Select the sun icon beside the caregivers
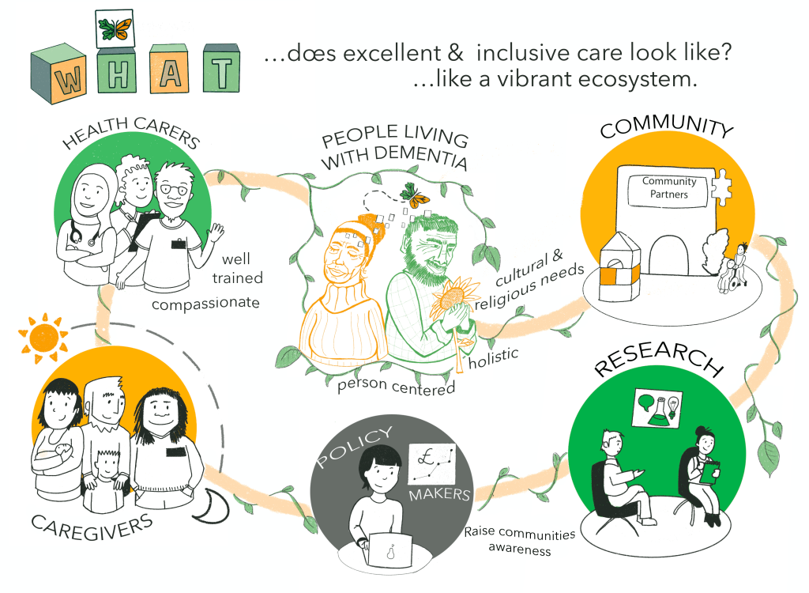click(38, 336)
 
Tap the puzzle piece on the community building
click(721, 189)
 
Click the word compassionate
click(205, 304)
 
